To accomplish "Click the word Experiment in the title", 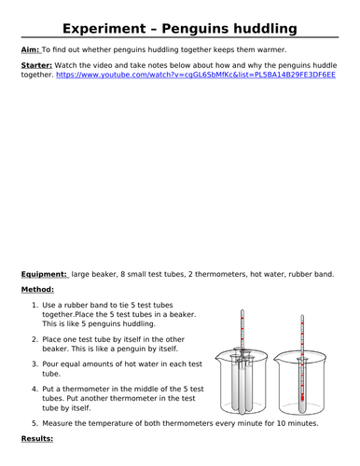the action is [x=104, y=29].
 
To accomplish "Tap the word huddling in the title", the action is [x=265, y=29].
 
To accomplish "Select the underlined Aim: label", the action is [x=31, y=49].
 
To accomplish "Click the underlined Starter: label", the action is [x=36, y=65].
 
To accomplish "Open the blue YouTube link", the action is [x=196, y=75].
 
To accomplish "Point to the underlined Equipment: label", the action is [x=44, y=274].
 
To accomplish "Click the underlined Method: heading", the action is [x=37, y=290].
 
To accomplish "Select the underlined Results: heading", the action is [x=37, y=439].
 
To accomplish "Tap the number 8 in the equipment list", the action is [x=122, y=274].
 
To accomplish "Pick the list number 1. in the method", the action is [x=35, y=305].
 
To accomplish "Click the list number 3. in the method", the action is [x=35, y=364].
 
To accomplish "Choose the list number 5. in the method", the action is [x=35, y=423].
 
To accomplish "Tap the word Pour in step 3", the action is [x=50, y=364].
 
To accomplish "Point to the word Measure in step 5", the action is [x=56, y=423].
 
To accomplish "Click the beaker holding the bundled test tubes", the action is [x=242, y=381].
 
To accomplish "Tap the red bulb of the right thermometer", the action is [x=302, y=397].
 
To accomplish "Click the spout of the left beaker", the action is [x=217, y=356].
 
